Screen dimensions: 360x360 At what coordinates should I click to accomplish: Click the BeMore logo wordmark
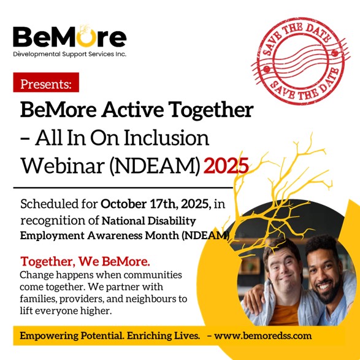point(70,37)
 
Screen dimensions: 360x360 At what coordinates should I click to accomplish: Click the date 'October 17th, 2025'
point(155,204)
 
